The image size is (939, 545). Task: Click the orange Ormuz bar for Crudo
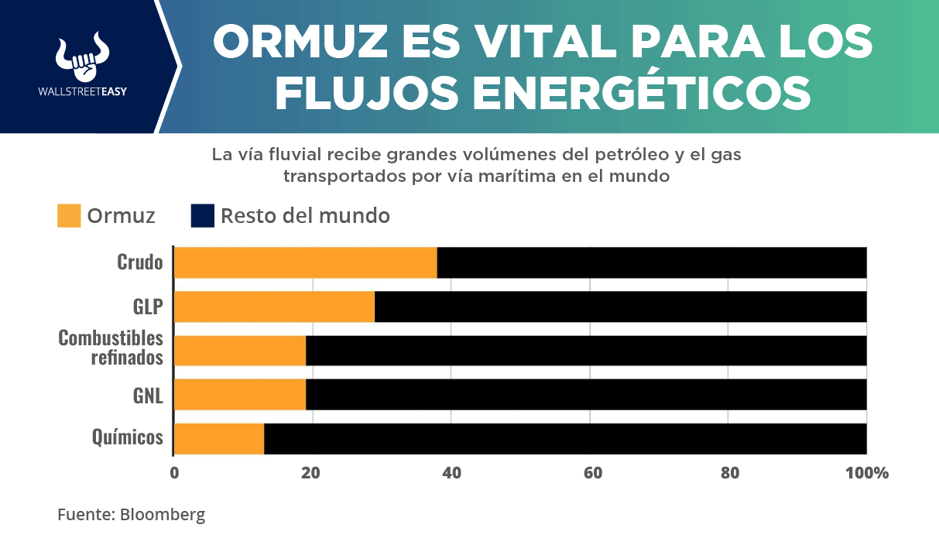[x=306, y=262]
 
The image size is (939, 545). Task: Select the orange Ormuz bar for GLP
[x=274, y=307]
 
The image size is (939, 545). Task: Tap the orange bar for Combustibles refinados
[x=240, y=351]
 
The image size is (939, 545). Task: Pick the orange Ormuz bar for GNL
[x=240, y=395]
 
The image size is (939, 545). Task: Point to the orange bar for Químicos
[x=219, y=439]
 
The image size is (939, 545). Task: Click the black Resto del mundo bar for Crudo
[x=652, y=262]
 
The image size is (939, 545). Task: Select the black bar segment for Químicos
[x=565, y=439]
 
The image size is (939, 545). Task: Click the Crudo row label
[x=140, y=262]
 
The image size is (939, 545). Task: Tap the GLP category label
[x=148, y=307]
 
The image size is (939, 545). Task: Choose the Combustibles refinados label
[x=111, y=348]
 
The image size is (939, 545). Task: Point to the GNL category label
[x=148, y=395]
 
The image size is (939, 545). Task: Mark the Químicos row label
[x=128, y=438]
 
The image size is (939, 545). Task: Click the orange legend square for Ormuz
[x=69, y=215]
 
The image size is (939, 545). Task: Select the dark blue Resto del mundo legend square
[x=202, y=215]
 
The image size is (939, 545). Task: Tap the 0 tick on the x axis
[x=174, y=472]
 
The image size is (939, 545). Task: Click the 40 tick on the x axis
[x=451, y=472]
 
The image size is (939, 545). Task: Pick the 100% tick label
[x=867, y=472]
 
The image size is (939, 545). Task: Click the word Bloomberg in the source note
[x=163, y=514]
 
